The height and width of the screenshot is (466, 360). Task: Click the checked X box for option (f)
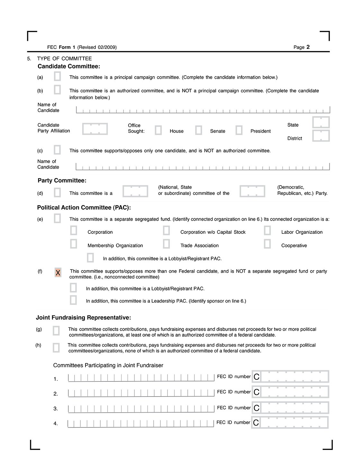tap(58, 273)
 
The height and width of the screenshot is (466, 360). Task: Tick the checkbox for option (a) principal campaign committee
tap(57, 77)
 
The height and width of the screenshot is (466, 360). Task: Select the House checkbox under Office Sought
tap(158, 130)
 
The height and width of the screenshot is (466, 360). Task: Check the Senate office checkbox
tap(199, 130)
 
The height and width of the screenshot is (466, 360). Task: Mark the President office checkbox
tap(239, 130)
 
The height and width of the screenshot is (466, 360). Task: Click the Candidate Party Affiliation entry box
tap(95, 129)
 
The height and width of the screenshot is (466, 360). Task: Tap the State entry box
tap(321, 123)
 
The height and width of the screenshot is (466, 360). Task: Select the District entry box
tap(321, 136)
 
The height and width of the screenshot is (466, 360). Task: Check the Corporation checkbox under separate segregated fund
tap(74, 231)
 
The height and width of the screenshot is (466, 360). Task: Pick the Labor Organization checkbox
tap(267, 231)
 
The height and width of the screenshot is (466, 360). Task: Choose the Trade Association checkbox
tap(166, 244)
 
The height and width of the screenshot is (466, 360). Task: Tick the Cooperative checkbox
tap(267, 244)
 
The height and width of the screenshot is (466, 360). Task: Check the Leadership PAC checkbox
tap(73, 300)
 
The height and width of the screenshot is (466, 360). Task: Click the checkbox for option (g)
tap(56, 331)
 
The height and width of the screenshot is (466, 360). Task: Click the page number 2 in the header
tap(308, 47)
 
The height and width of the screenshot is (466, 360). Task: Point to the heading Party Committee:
tap(62, 181)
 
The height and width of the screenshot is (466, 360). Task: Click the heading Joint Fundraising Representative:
tap(84, 318)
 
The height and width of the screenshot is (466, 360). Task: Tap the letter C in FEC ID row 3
tap(256, 408)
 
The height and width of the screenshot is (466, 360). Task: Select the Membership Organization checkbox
tap(74, 244)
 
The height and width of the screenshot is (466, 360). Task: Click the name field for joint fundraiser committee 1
tap(141, 378)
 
